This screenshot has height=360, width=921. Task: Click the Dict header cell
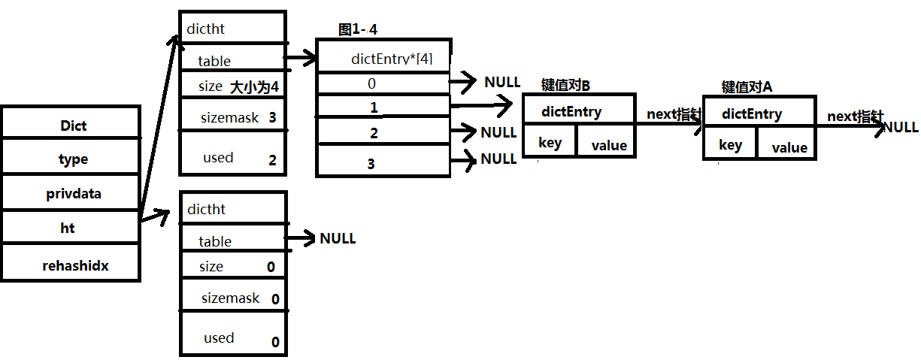pos(73,126)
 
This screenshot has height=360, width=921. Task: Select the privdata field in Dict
pos(73,193)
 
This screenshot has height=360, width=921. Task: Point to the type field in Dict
pos(73,159)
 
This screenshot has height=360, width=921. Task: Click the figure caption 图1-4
pos(357,29)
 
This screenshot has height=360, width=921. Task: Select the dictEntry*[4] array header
pos(391,59)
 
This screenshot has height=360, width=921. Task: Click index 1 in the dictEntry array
pos(374,108)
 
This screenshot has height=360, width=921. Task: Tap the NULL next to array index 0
pos(502,82)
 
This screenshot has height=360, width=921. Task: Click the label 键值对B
pos(566,84)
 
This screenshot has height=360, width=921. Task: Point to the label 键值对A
pos(747,86)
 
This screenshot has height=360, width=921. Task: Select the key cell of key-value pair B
pos(550,143)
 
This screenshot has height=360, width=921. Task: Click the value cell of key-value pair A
pos(789,148)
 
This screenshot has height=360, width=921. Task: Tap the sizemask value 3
pos(272,118)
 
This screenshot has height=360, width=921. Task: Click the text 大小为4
pos(254,87)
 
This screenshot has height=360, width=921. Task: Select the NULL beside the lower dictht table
pos(338,238)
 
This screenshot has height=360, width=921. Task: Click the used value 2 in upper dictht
pos(272,160)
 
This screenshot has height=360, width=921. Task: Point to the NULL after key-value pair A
pos(901,127)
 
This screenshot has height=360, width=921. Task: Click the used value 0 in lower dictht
pos(275,342)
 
